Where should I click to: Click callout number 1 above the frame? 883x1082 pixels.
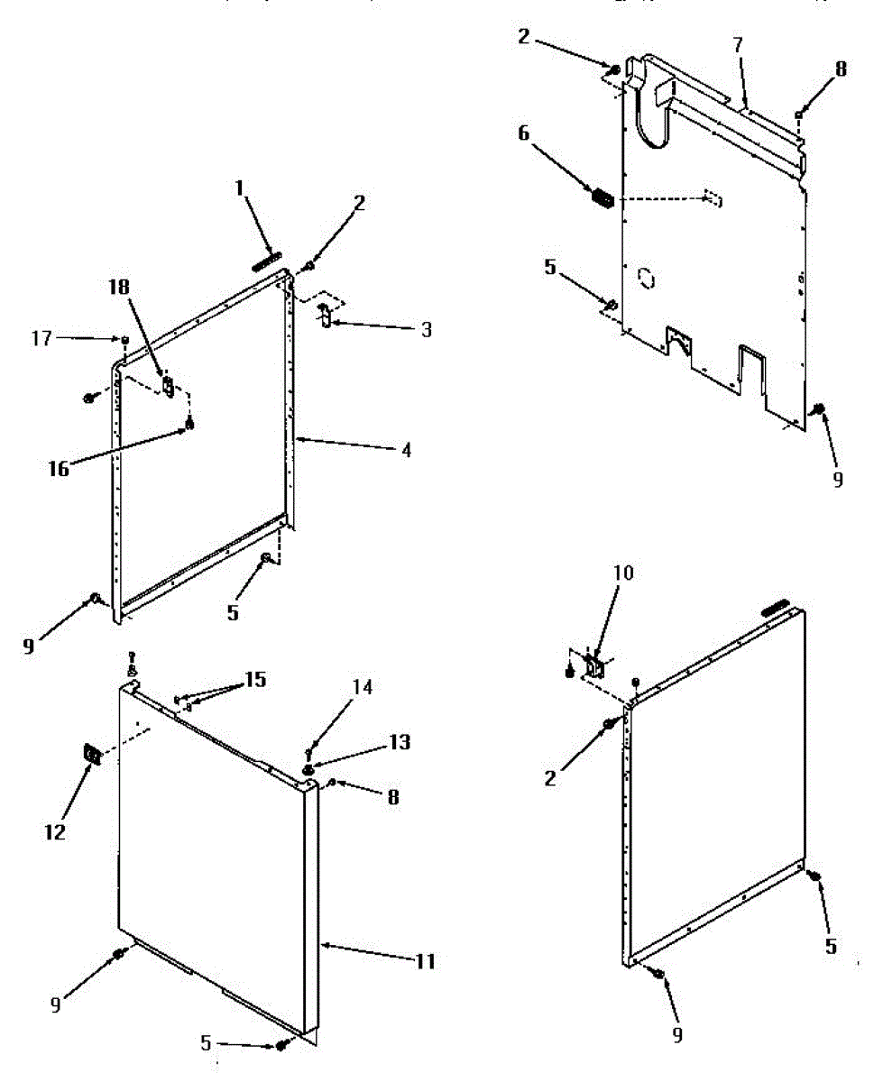pos(239,188)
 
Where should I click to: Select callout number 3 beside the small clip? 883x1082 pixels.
pos(425,330)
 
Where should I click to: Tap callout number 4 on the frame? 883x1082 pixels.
pos(407,449)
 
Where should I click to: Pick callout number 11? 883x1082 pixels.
pos(425,962)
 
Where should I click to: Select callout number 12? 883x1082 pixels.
pos(56,830)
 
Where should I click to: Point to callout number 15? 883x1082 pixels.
pos(256,679)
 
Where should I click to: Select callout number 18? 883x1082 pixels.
pos(119,287)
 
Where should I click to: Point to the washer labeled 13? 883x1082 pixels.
pos(309,768)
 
